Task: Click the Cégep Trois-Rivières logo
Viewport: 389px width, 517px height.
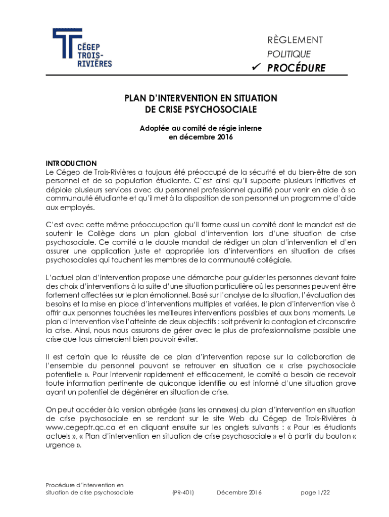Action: [82, 48]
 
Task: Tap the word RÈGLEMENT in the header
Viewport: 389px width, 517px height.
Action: [296, 40]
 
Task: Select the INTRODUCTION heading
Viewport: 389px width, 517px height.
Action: [71, 164]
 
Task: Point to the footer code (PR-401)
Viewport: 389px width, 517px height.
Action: [182, 493]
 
